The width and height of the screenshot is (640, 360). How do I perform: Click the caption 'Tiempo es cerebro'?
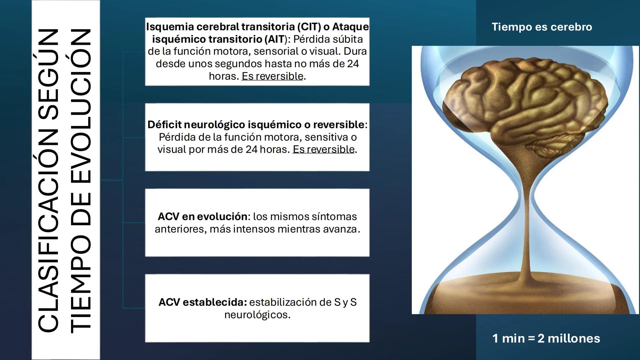click(542, 27)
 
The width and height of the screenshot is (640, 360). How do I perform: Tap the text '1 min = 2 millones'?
click(546, 338)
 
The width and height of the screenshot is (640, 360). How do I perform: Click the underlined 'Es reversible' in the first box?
click(272, 76)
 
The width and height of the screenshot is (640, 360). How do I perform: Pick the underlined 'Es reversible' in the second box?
click(323, 149)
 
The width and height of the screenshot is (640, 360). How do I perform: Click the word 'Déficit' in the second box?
click(164, 125)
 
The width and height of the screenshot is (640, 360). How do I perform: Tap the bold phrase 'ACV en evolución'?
click(202, 217)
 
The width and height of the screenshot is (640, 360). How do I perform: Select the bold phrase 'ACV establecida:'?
click(203, 302)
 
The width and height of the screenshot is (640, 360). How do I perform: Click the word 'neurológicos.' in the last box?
click(257, 315)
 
